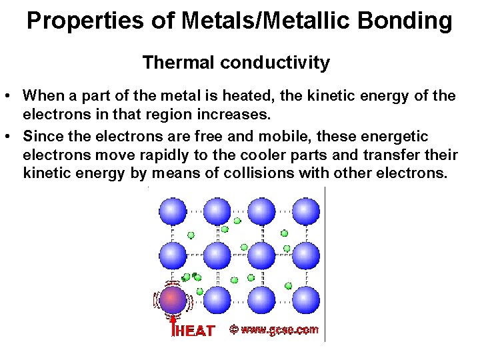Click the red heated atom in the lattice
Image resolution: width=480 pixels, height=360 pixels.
[x=173, y=299]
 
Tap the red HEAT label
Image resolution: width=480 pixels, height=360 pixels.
[x=194, y=331]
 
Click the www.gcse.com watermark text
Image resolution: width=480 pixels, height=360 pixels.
[x=279, y=329]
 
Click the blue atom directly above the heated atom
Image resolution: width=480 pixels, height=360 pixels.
[x=173, y=255]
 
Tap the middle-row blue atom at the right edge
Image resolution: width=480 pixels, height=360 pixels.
[x=307, y=255]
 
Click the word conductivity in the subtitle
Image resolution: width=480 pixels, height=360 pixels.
[x=275, y=63]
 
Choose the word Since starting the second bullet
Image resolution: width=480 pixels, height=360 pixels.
[x=42, y=137]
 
